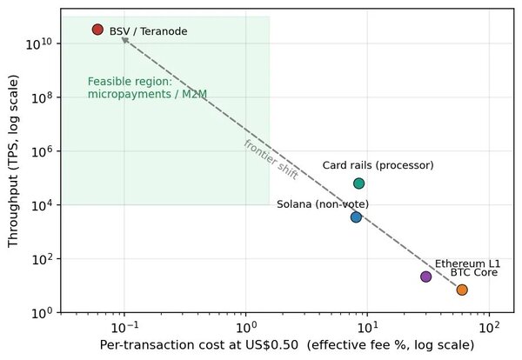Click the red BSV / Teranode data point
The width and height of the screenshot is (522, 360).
tap(97, 30)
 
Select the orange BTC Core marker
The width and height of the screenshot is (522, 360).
tap(462, 290)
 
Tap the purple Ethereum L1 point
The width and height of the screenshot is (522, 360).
tap(425, 277)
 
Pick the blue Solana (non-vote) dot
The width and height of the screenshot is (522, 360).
tap(356, 217)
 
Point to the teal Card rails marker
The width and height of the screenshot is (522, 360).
tap(358, 183)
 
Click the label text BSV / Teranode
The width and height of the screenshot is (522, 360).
tap(148, 31)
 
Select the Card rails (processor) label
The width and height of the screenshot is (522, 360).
tap(378, 165)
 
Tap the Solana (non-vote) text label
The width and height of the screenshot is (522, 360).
tap(323, 204)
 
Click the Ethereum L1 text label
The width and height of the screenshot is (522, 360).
tap(467, 263)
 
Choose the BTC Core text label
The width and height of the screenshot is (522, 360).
tap(474, 272)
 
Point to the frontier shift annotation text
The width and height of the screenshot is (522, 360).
tap(271, 160)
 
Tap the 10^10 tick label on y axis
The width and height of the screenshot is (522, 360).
tap(38, 43)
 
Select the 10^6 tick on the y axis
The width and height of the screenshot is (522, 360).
tap(42, 151)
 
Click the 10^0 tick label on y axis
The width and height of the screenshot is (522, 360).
tap(42, 313)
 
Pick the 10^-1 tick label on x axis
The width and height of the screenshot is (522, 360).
tap(124, 328)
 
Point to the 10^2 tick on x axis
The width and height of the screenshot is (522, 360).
tap(489, 328)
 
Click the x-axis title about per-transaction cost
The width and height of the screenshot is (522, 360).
tap(287, 345)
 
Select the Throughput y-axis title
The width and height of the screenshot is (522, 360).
tap(13, 162)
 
